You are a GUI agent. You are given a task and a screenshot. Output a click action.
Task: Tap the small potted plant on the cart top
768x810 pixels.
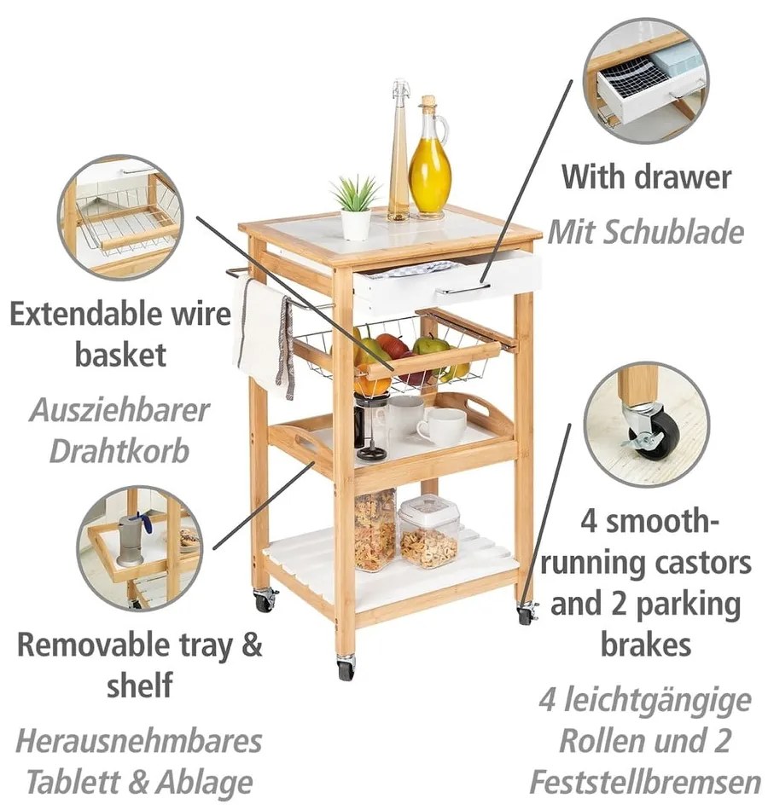coord(355,207)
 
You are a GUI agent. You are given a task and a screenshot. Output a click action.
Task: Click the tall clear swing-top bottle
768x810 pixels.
coord(399,150)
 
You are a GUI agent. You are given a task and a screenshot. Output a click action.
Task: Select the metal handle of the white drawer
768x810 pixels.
coord(463,288)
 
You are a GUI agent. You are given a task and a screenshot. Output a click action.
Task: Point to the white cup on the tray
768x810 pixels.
coord(441,426)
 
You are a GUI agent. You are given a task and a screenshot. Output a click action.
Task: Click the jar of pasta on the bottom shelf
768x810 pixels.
coord(375,529)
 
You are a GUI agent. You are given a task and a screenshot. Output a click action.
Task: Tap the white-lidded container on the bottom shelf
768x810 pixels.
coord(428,531)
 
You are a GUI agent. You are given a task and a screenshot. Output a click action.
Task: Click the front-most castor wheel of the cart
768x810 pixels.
coord(346,667)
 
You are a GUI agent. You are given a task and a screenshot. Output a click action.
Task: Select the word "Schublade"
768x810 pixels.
coord(672,232)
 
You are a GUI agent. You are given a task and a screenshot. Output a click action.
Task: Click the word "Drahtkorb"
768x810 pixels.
coord(119,452)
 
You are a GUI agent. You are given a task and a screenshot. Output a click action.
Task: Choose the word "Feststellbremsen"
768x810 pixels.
coord(645,782)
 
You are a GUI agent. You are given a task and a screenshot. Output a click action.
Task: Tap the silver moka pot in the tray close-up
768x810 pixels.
coord(129,540)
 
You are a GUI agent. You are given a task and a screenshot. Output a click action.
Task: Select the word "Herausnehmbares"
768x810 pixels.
coord(139,741)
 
